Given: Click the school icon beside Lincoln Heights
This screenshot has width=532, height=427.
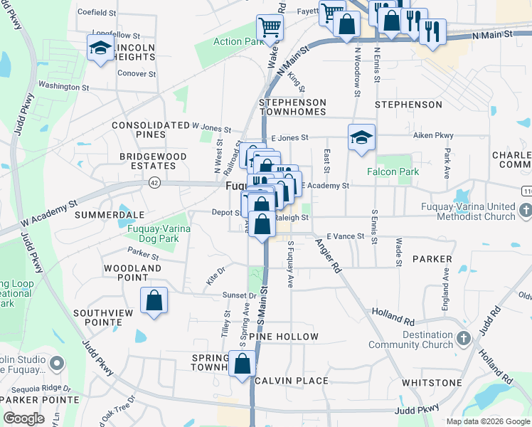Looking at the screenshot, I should pos(100,48).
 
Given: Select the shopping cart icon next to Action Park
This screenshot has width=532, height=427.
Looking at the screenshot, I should pos(270,28).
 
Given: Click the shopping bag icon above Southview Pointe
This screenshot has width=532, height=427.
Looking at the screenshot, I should pos(154,300).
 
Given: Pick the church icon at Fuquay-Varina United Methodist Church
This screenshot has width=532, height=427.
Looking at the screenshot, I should pos(526,211).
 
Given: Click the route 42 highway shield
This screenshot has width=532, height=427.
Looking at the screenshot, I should pos(154,183).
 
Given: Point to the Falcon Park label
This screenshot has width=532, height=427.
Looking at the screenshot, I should pos(393,172).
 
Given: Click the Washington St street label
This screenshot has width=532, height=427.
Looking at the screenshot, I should pos(63,87).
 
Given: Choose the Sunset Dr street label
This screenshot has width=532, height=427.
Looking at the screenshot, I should pos(240,295).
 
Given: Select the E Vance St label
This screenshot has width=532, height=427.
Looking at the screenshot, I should pos(345,236).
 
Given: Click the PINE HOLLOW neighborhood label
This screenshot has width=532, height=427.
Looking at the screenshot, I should pos(289,336).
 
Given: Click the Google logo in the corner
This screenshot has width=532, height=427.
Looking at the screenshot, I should pos(23,418).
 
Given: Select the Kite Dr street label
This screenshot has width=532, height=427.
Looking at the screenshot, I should pos(216,275).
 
